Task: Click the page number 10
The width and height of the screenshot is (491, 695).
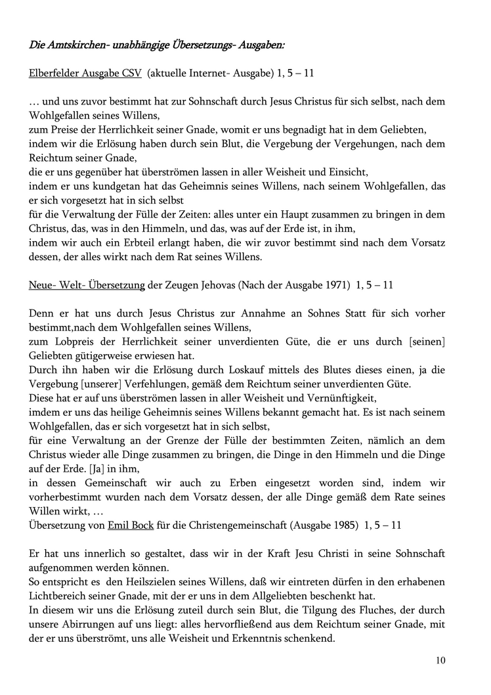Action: tap(440, 660)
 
